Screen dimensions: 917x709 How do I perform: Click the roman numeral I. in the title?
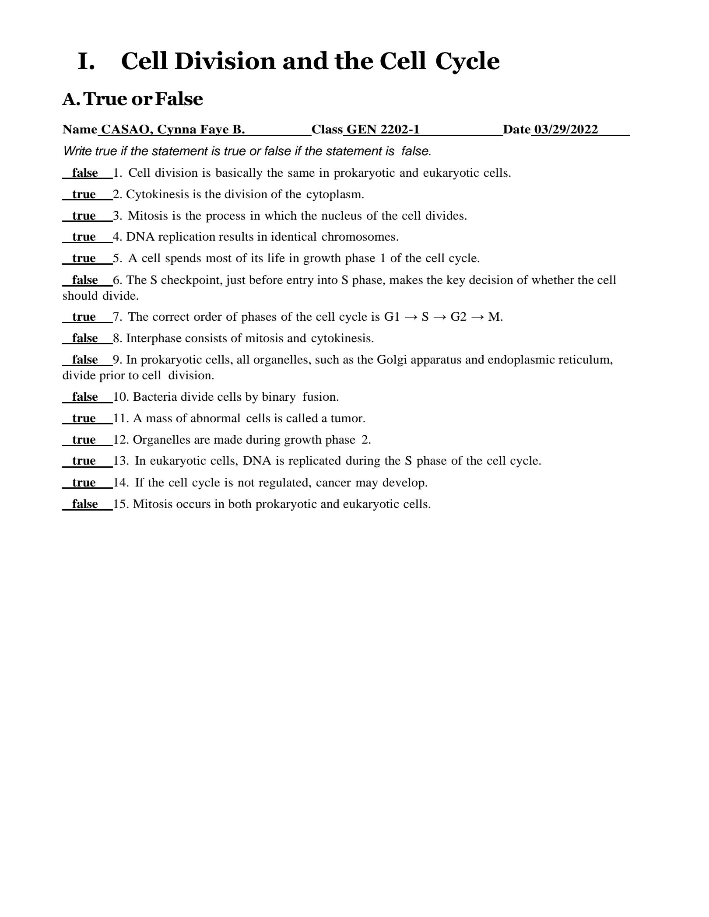click(86, 61)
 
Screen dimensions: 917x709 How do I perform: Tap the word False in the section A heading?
click(179, 99)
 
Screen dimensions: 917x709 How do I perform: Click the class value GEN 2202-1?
click(383, 129)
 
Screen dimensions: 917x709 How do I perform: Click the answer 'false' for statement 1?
click(85, 173)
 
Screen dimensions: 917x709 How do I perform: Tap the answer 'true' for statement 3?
click(84, 216)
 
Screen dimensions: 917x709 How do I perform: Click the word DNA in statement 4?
click(140, 237)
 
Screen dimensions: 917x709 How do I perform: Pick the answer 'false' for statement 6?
click(85, 280)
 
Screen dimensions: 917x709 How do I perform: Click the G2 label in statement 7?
click(459, 317)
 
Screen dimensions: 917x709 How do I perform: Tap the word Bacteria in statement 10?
click(155, 397)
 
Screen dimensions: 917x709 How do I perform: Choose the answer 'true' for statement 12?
click(84, 440)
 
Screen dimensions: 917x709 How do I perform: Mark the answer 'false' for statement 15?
click(85, 504)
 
